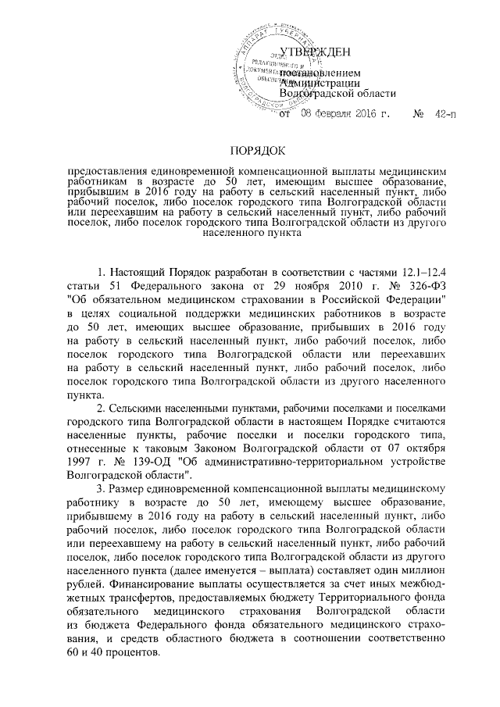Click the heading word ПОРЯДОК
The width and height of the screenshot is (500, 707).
(x=249, y=150)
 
